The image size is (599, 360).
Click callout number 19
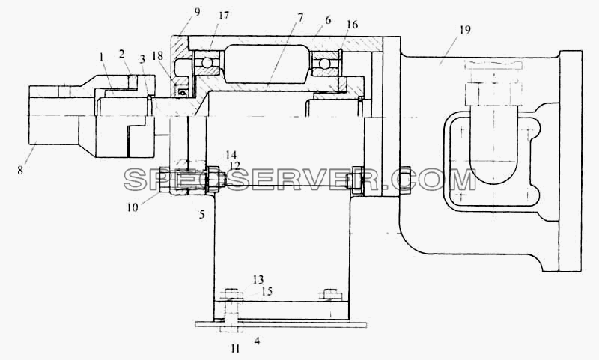click(464, 29)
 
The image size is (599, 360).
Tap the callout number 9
click(197, 12)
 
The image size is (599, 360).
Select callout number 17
click(224, 16)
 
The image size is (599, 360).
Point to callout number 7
click(301, 18)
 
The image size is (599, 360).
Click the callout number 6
click(328, 20)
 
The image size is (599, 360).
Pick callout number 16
click(352, 25)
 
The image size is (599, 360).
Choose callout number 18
click(157, 56)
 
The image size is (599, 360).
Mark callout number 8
click(20, 170)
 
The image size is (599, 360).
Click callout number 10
click(133, 208)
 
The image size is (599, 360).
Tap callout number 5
click(201, 215)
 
